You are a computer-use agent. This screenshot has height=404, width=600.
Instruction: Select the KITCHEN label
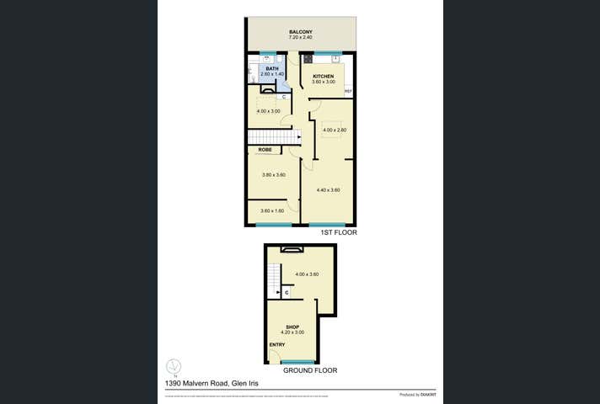click(x=324, y=77)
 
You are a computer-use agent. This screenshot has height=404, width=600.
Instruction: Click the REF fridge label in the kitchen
click(x=347, y=92)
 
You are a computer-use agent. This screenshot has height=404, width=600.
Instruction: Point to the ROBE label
click(x=265, y=150)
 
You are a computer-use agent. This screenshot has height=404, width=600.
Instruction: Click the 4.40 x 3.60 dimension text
click(x=328, y=190)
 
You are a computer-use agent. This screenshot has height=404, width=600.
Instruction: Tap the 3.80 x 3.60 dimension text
click(x=274, y=174)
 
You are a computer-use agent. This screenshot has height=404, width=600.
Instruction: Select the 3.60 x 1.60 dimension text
click(x=272, y=210)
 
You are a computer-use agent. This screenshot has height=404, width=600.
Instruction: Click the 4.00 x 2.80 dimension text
click(x=335, y=130)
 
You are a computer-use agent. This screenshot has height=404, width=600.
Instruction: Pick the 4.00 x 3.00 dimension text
click(x=269, y=111)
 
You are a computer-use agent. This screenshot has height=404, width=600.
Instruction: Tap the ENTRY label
click(x=276, y=345)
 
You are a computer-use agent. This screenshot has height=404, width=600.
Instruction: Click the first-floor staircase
click(x=273, y=137)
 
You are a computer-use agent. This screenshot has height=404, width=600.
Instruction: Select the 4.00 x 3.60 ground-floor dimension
click(x=307, y=274)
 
